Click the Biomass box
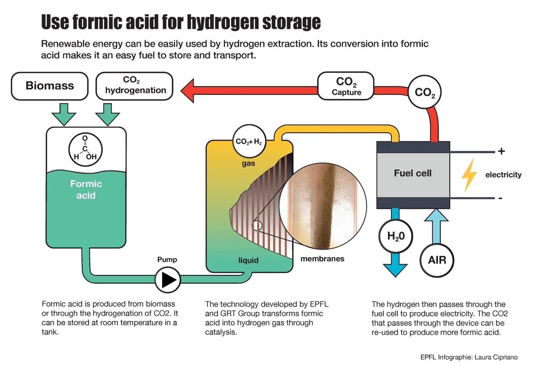point(50,86)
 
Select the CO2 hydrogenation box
point(134,86)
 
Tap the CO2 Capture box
point(346,86)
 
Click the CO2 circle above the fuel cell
point(425,92)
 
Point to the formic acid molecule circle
point(85,149)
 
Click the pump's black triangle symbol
point(169,280)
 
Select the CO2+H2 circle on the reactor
point(249,141)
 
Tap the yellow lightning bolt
point(469,175)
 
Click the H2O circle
point(395,236)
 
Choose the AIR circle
point(437,260)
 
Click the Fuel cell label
point(413,173)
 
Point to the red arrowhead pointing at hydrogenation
point(188,90)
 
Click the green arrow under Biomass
point(64,115)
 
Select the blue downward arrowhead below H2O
point(395,269)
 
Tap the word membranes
point(322,259)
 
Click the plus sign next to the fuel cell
point(501,151)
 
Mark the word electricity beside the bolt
point(503,175)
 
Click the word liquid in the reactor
point(248,260)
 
